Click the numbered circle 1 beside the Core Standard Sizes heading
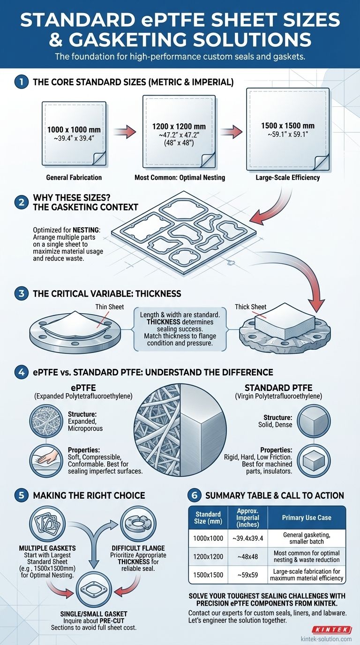coord(21,82)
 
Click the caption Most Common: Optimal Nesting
coord(179,178)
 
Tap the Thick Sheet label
coord(250,307)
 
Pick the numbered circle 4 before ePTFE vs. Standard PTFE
coord(21,373)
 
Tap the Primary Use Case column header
coord(307,517)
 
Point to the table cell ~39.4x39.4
coord(247,537)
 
